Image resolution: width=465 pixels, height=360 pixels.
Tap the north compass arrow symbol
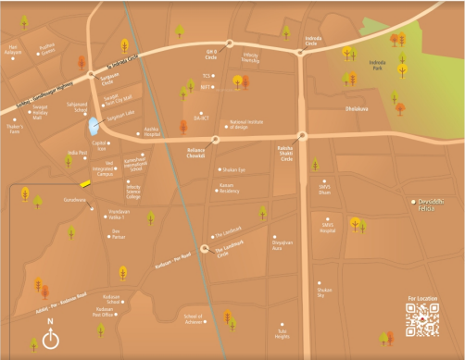point(50,337)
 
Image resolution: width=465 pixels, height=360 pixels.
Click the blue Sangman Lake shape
point(92,126)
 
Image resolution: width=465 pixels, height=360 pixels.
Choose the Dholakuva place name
point(357,108)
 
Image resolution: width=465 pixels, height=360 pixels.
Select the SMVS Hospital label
point(328,226)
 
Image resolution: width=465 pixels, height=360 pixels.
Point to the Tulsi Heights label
point(283,332)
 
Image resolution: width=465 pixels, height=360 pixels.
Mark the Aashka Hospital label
point(153,131)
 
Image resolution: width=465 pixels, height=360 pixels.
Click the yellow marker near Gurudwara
point(85,183)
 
